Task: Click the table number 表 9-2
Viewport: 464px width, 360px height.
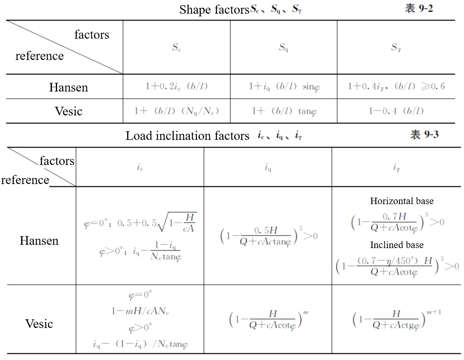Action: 418,9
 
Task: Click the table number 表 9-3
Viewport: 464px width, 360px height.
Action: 424,135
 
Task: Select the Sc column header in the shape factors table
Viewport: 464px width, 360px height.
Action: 176,48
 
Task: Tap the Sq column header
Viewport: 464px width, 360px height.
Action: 283,48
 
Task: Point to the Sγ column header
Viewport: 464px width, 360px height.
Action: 396,48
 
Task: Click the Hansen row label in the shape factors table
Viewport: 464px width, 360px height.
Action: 68,87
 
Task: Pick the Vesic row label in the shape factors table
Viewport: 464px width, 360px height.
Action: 68,111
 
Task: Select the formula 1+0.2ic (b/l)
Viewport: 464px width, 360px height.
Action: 176,87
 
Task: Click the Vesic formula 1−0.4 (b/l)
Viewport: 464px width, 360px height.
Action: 396,111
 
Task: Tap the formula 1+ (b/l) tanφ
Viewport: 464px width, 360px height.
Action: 284,111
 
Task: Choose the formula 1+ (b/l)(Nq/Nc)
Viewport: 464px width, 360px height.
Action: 176,111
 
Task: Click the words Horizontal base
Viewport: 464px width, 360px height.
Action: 402,201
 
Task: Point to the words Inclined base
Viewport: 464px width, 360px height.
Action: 397,245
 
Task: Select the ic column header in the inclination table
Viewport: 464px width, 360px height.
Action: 139,168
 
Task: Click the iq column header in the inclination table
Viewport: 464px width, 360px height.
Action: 268,168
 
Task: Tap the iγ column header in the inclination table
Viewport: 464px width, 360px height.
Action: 396,168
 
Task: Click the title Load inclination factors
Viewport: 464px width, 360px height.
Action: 188,136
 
